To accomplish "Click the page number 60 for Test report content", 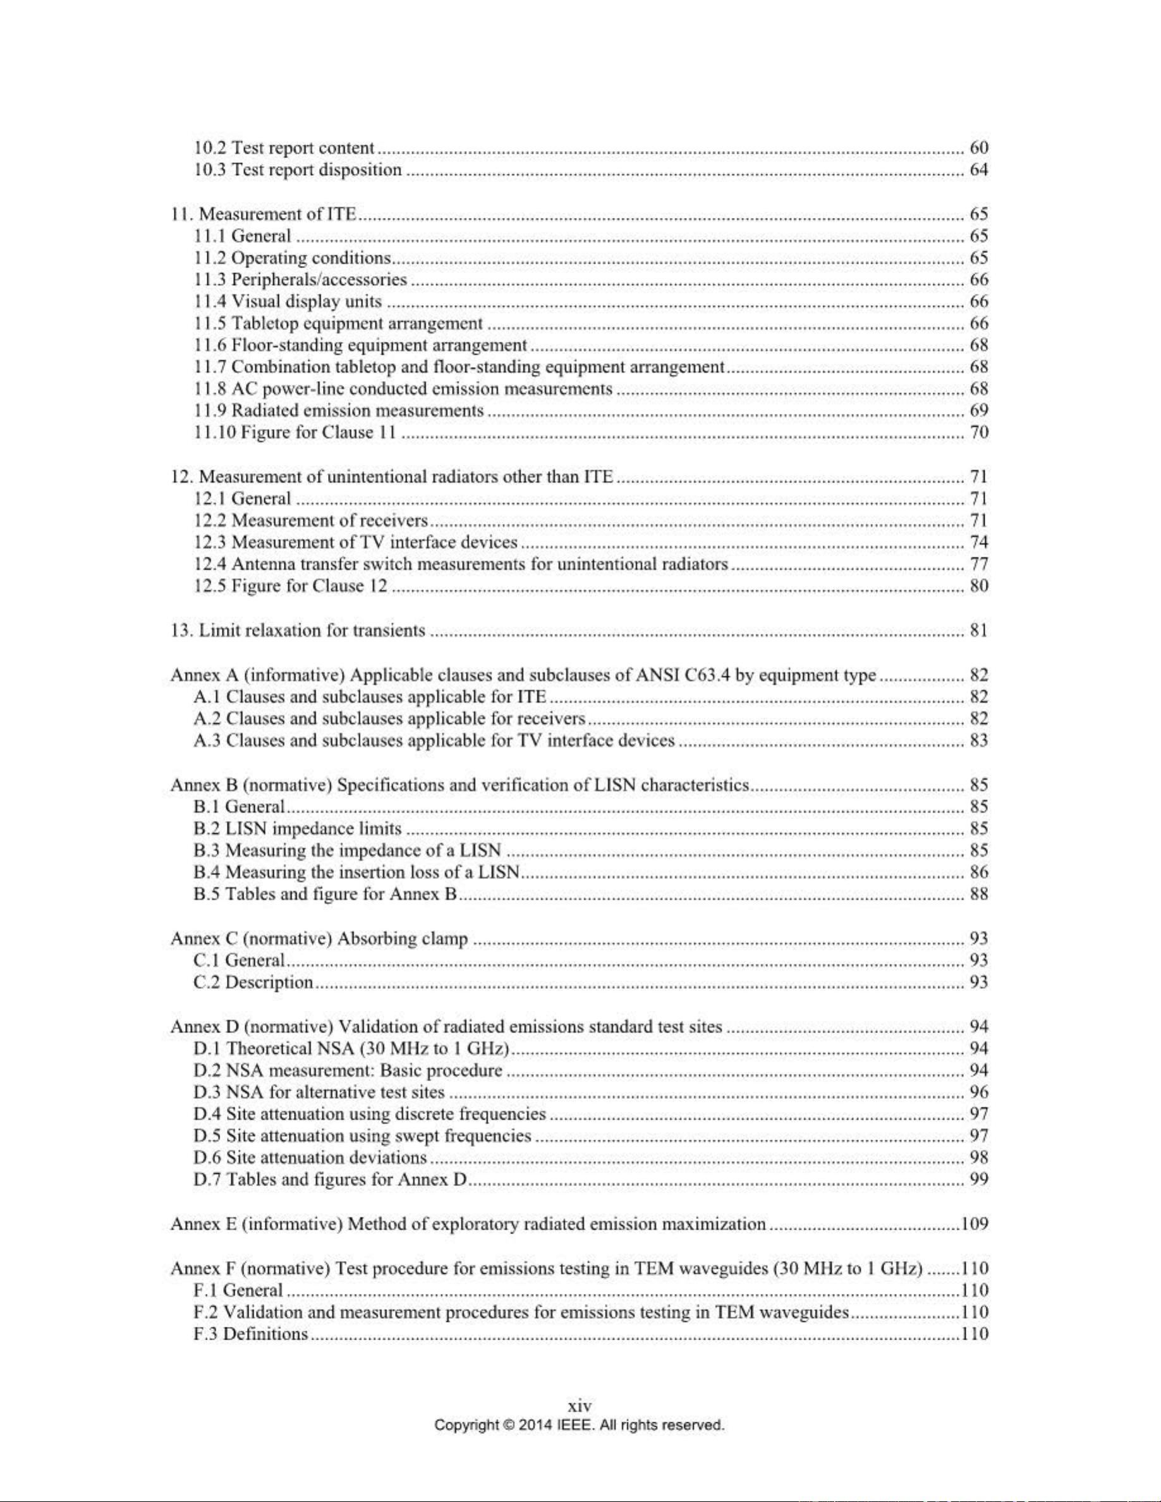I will click(x=979, y=148).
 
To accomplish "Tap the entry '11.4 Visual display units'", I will click(x=288, y=301).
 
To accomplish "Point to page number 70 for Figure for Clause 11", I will click(x=979, y=433).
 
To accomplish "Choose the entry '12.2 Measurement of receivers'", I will click(x=312, y=521).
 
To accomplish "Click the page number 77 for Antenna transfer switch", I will click(x=979, y=565).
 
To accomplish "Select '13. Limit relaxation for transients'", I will click(x=298, y=631).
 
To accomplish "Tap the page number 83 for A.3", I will click(x=979, y=741).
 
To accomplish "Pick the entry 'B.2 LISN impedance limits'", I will click(x=298, y=828).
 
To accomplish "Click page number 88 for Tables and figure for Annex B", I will click(x=979, y=895).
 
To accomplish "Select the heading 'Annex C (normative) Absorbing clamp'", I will click(x=319, y=939).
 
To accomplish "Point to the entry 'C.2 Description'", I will click(x=254, y=983).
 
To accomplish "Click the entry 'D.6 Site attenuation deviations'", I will click(x=310, y=1158).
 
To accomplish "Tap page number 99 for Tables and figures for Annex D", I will click(x=979, y=1180).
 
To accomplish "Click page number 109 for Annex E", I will click(x=975, y=1224).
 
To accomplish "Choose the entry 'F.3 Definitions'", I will click(x=251, y=1334).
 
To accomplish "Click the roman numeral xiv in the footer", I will click(x=580, y=1406).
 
